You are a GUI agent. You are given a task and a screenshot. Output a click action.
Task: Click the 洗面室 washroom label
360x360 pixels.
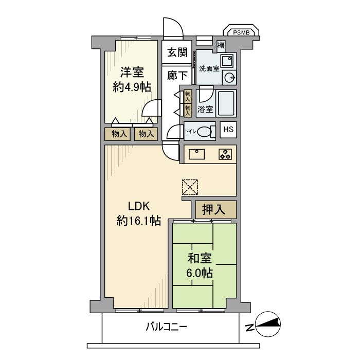209,68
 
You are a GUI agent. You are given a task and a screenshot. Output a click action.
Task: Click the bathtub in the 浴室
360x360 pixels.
226,103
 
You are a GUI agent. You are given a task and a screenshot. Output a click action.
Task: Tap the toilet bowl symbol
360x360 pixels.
206,132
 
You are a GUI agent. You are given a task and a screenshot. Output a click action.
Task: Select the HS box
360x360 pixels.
228,130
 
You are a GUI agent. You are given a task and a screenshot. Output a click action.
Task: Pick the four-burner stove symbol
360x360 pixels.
225,154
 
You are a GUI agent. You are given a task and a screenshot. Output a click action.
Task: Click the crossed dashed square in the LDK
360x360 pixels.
189,187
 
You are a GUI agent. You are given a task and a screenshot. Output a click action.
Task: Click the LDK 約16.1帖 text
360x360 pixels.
138,213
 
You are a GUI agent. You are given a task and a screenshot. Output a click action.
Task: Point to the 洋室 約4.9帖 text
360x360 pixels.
132,79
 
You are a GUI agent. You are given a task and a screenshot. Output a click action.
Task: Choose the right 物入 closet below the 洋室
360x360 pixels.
145,134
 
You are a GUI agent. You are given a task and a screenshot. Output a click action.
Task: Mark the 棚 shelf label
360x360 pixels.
221,45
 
